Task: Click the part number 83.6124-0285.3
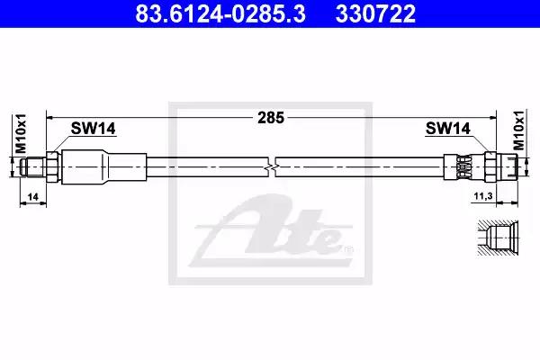[220, 13]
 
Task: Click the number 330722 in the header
[375, 13]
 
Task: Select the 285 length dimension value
[271, 118]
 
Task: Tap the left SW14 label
[93, 129]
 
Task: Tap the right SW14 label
[447, 129]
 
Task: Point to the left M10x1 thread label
[21, 134]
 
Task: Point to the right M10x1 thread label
[519, 130]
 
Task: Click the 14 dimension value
[32, 197]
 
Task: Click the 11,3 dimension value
[483, 196]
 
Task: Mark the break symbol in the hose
[272, 167]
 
